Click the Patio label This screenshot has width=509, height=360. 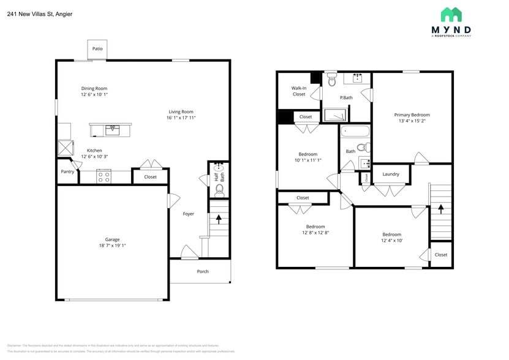(97, 48)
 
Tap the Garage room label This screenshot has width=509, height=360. (112, 239)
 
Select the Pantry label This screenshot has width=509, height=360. (67, 171)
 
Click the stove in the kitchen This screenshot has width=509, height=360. (104, 177)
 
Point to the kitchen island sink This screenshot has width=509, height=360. (112, 129)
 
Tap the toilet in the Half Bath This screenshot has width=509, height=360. (219, 190)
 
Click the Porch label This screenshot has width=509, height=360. (202, 271)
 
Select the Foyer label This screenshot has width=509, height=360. (189, 214)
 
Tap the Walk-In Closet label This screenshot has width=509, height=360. (299, 91)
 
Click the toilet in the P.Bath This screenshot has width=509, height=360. (332, 78)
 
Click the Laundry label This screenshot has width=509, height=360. (391, 174)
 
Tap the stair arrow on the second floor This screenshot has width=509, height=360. (440, 209)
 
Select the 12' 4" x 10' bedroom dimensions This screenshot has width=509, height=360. (392, 241)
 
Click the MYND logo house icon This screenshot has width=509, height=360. (451, 15)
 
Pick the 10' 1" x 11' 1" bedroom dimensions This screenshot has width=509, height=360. (307, 160)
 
